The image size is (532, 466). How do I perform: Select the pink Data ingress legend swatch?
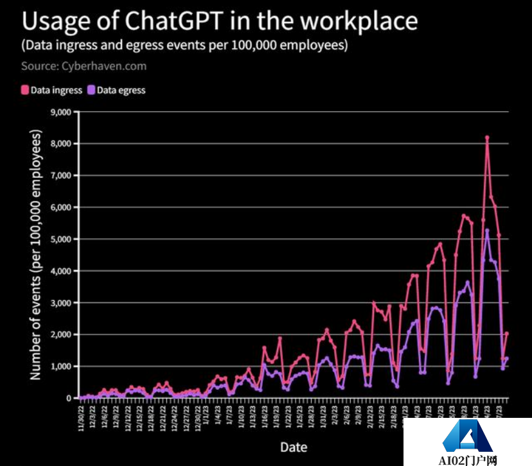click(x=25, y=90)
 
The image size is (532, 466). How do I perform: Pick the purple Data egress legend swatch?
click(x=92, y=90)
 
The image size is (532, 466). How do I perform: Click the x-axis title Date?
click(x=293, y=447)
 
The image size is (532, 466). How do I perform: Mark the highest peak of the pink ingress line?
click(x=487, y=137)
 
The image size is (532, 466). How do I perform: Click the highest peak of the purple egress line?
click(x=487, y=230)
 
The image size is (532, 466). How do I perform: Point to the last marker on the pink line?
click(x=507, y=333)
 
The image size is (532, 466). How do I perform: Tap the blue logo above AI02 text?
click(x=467, y=437)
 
